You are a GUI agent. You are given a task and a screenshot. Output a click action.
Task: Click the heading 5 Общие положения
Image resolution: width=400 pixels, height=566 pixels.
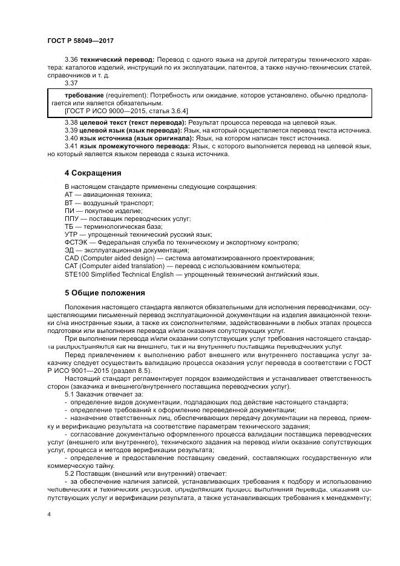(105, 293)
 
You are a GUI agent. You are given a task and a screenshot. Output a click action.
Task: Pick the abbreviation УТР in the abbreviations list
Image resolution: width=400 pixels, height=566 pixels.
(71, 234)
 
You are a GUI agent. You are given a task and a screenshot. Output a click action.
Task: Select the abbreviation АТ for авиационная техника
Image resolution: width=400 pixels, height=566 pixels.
(69, 194)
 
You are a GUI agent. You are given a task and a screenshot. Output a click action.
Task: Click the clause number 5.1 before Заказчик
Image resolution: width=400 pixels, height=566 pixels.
(71, 394)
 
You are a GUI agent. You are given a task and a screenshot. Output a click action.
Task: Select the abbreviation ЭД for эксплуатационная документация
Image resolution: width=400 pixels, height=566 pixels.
(70, 250)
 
